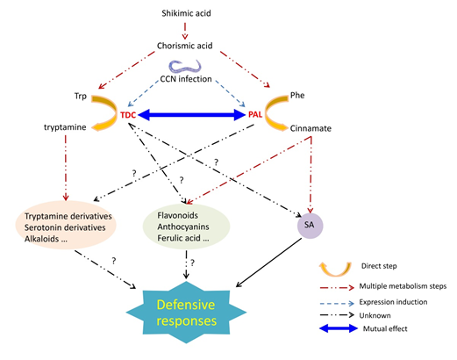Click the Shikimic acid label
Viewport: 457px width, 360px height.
tap(186, 13)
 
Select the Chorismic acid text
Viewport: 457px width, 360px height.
tap(185, 46)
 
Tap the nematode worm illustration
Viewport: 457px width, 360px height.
tap(185, 67)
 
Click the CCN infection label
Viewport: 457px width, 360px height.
tap(186, 79)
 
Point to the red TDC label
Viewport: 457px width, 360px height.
tap(128, 115)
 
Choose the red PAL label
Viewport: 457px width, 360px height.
tap(255, 114)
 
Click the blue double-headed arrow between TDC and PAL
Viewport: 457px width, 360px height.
tap(191, 115)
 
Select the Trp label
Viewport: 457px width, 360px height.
tap(81, 96)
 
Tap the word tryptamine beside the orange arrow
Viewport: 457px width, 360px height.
tap(65, 127)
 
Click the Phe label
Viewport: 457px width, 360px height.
tap(297, 96)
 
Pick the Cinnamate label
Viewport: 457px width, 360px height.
tap(311, 128)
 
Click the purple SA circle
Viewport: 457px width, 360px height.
tap(310, 226)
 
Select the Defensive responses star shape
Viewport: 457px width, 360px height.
tap(186, 313)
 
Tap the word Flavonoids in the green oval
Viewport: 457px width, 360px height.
tap(177, 215)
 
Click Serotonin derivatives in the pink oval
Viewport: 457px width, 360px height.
tap(65, 227)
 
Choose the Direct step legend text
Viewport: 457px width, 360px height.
tap(379, 266)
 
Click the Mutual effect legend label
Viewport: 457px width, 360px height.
tap(385, 329)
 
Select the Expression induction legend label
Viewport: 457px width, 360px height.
tap(393, 302)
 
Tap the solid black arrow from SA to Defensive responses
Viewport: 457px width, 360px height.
tap(268, 263)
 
